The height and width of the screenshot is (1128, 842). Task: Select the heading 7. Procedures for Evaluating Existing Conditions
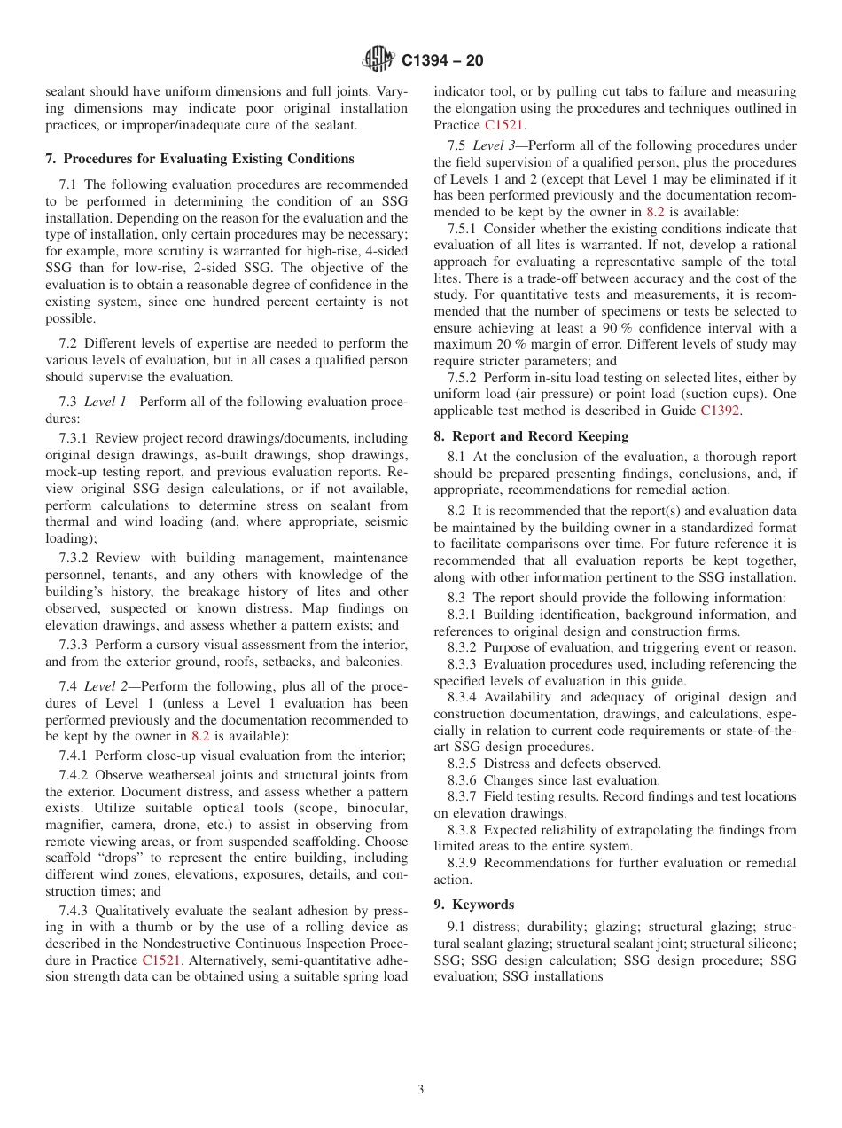pyautogui.click(x=199, y=159)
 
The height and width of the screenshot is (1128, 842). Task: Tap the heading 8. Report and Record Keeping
pyautogui.click(x=531, y=435)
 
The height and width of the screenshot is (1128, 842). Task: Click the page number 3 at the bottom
pyautogui.click(x=421, y=1090)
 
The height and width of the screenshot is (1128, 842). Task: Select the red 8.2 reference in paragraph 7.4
pyautogui.click(x=200, y=735)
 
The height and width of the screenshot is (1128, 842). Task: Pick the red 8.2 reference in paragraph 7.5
pyautogui.click(x=655, y=212)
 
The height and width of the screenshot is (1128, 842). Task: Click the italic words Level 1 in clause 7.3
pyautogui.click(x=105, y=402)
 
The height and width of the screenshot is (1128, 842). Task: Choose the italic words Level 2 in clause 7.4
pyautogui.click(x=105, y=685)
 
